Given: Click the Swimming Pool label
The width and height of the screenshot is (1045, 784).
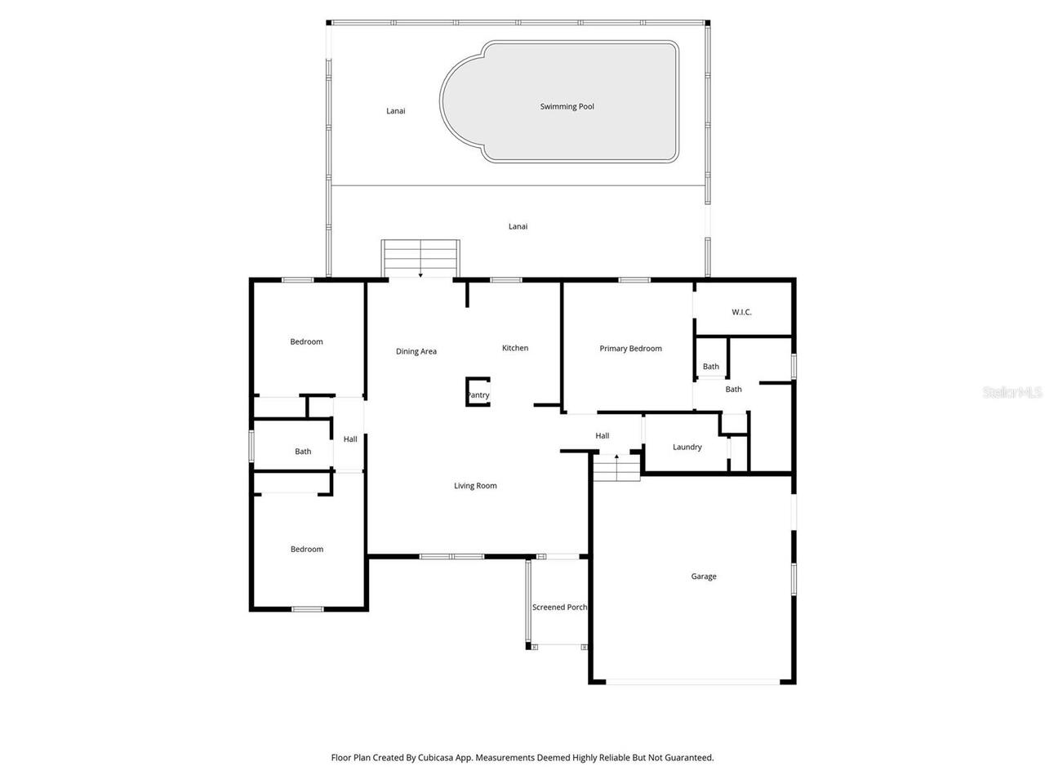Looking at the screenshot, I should (x=567, y=106).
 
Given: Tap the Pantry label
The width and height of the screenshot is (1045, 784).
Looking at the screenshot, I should (x=478, y=395).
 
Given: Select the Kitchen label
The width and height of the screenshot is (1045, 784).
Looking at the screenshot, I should (x=514, y=348).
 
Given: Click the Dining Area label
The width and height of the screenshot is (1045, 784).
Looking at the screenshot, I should (x=416, y=351).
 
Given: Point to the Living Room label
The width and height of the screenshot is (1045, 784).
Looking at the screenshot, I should (x=475, y=486).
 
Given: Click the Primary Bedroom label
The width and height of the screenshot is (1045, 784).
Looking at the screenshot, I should (x=630, y=349).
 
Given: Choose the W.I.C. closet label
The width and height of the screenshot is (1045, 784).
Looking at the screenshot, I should (x=741, y=312).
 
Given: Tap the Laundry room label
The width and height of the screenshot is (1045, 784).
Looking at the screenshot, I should (x=687, y=447).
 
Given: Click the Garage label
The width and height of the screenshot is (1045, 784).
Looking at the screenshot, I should (x=704, y=577).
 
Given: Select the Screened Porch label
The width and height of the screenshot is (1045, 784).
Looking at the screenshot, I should (x=559, y=607).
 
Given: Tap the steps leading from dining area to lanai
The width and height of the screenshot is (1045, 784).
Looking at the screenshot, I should (x=420, y=259).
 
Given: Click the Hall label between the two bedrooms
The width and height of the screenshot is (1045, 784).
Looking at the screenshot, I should (x=350, y=439).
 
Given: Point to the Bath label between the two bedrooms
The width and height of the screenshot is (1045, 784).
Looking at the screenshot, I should (x=303, y=452).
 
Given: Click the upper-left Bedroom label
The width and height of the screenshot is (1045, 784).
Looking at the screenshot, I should (x=306, y=341).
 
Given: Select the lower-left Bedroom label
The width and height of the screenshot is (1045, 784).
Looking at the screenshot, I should (x=307, y=550).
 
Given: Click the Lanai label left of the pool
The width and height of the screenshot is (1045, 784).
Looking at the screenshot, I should (x=396, y=111).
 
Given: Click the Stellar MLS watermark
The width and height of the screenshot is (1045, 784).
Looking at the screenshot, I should (x=1012, y=392).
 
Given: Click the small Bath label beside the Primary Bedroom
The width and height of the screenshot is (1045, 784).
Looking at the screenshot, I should (x=711, y=367).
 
